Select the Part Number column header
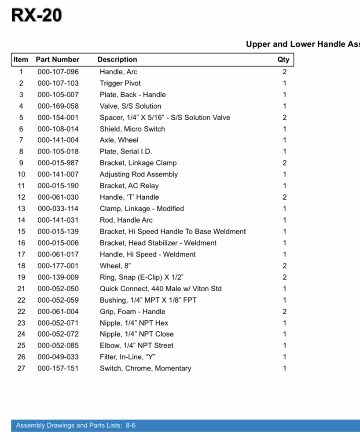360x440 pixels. (x=58, y=59)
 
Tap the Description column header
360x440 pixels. (x=117, y=59)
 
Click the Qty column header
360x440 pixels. (x=283, y=59)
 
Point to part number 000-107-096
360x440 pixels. (x=58, y=72)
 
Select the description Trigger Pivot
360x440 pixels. (x=120, y=83)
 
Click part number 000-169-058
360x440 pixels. (x=58, y=106)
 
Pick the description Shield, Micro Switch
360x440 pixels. (x=132, y=129)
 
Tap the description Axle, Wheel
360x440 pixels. (x=119, y=140)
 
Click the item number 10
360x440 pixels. (x=21, y=174)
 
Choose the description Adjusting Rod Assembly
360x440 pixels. (x=139, y=174)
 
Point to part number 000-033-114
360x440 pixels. (x=58, y=209)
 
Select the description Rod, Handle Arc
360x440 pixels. (x=126, y=220)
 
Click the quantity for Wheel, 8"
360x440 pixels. (x=285, y=266)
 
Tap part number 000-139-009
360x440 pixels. (x=58, y=277)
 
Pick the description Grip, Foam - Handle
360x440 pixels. (x=132, y=312)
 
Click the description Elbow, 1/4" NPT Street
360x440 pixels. (x=136, y=345)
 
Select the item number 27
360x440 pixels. (x=21, y=368)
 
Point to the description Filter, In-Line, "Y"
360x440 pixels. (x=128, y=357)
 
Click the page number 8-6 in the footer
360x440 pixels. (x=131, y=425)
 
